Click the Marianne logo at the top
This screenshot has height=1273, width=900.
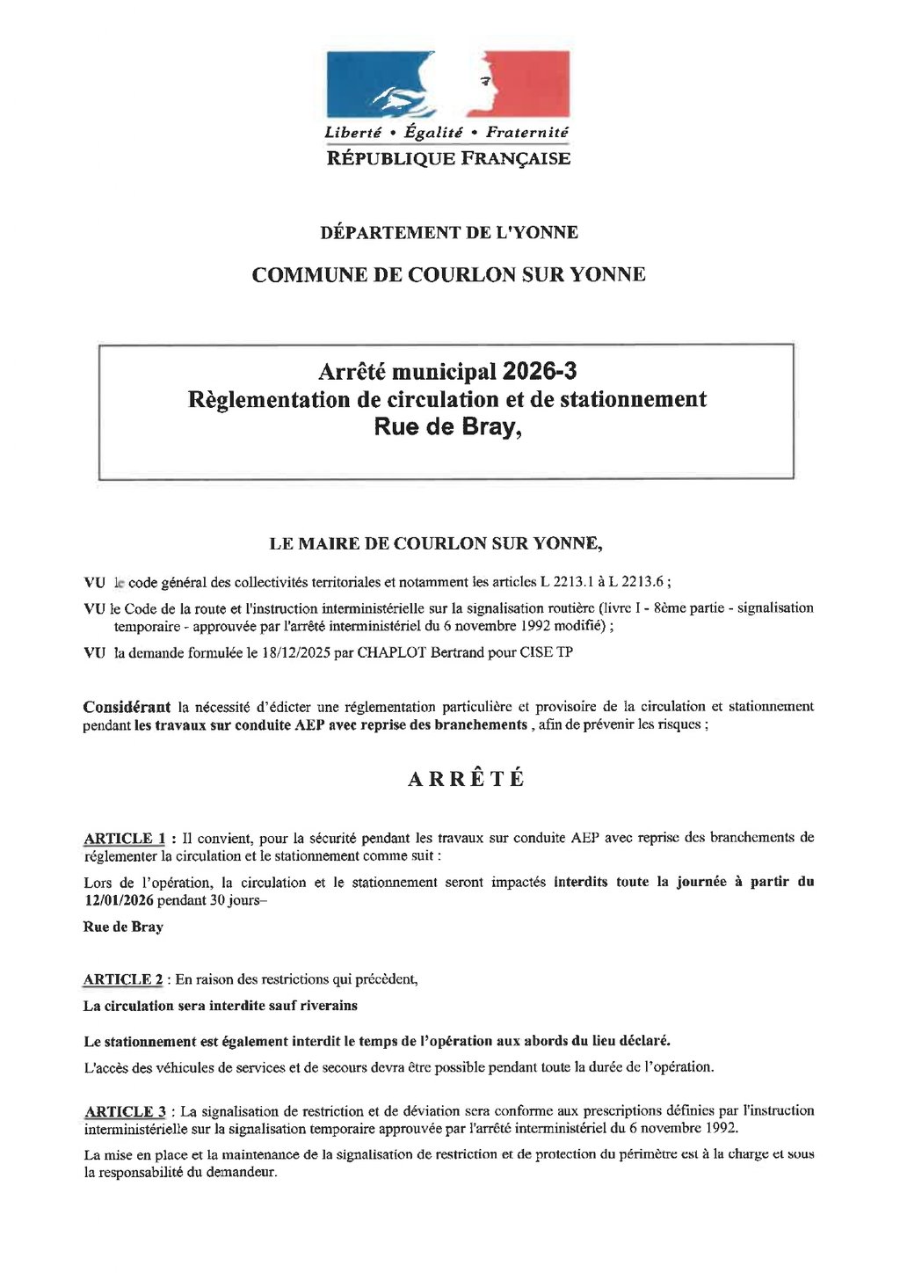tap(448, 84)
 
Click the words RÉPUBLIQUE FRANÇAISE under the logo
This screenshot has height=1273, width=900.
tap(448, 159)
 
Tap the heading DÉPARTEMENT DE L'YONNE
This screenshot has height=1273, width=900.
tap(448, 233)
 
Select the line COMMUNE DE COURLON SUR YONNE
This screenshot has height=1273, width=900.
tap(448, 275)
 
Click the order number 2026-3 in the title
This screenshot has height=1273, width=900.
tap(540, 372)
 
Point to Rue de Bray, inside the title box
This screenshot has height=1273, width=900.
tap(448, 427)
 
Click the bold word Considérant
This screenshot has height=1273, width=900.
tap(127, 707)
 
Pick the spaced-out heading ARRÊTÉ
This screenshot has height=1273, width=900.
tap(467, 780)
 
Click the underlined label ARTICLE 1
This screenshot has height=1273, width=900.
tap(124, 839)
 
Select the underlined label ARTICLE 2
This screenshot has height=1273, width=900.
tap(123, 979)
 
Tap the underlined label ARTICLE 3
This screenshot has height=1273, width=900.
tap(125, 1111)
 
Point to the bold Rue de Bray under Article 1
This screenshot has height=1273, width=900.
tap(123, 927)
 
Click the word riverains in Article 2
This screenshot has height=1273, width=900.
tap(329, 1006)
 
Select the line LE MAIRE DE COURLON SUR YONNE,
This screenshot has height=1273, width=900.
tap(435, 544)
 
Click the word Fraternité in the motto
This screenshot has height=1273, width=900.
tap(527, 133)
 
